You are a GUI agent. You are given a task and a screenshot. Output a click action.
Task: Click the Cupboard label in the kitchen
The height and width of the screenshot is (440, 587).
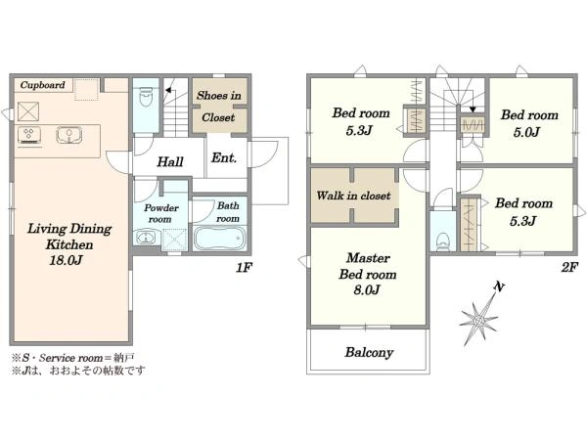pos(42,85)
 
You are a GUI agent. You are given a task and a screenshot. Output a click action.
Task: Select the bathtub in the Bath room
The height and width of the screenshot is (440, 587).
pos(219,239)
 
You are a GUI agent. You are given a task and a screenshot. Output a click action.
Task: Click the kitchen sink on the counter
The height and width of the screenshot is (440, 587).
pos(69,135)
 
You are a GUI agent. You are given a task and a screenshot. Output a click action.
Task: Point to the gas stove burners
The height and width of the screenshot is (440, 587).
pos(28,134)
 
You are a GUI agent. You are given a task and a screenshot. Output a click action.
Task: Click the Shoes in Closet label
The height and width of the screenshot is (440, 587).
pos(218,107)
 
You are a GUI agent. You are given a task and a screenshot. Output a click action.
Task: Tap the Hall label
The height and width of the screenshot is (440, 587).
pos(170,162)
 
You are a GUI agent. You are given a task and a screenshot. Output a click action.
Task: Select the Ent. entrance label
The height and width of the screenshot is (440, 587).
pos(224,157)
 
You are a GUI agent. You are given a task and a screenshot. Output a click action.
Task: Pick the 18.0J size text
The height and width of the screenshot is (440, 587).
pos(66,260)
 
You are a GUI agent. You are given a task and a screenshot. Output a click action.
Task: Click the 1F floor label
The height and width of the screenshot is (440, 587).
pos(244,267)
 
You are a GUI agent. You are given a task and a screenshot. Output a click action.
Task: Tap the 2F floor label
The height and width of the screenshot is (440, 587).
pos(569,267)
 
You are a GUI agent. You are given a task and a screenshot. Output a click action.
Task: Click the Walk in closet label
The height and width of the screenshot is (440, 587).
pos(353,196)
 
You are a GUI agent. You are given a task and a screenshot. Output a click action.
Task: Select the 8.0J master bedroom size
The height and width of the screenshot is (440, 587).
pos(367,289)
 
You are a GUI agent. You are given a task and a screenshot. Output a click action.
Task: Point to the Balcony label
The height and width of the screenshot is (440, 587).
pos(369,352)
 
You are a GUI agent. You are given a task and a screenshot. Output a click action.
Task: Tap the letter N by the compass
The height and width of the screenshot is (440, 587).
pos(499,286)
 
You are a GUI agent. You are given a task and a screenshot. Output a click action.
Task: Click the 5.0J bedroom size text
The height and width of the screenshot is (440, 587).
pos(526,132)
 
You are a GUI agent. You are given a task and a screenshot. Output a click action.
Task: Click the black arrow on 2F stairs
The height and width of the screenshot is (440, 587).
pos(473,110)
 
